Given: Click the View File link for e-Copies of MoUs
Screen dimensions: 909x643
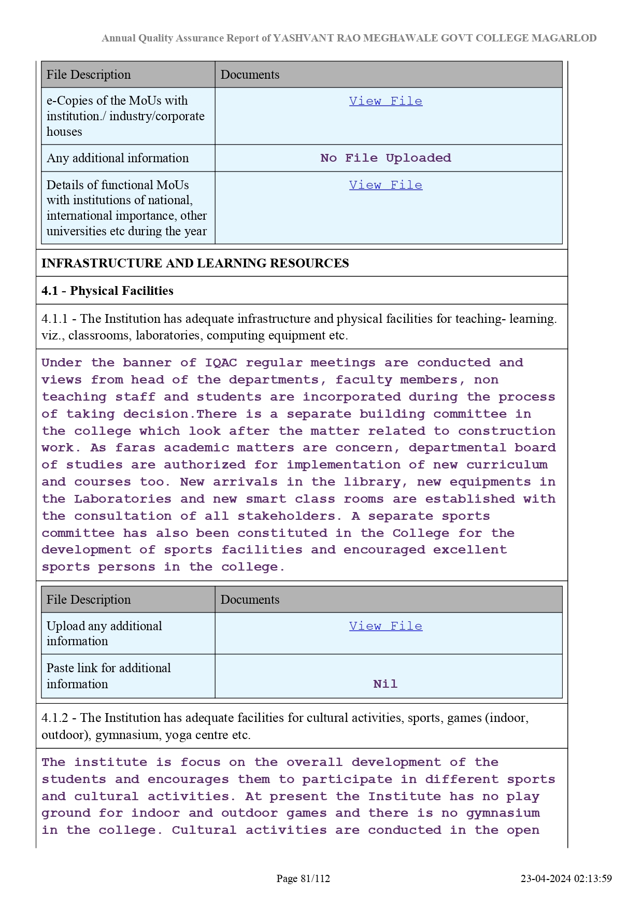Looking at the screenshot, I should [385, 101].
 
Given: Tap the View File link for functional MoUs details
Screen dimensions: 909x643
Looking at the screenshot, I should [385, 185].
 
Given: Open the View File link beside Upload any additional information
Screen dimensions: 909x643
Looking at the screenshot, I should [385, 626].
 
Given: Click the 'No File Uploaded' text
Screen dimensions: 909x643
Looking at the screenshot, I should [385, 158].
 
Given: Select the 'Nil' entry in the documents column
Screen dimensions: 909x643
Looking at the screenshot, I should [385, 684].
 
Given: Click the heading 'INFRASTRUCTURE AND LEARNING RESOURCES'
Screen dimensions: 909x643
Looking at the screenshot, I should [195, 263].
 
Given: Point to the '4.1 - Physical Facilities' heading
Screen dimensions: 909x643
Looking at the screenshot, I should [107, 291].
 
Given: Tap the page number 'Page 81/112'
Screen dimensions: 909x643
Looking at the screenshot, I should [303, 878].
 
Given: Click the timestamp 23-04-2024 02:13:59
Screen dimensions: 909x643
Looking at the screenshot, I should [566, 878].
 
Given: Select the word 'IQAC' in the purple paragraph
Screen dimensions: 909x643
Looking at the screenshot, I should [221, 363].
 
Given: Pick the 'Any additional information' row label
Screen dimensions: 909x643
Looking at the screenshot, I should [118, 158].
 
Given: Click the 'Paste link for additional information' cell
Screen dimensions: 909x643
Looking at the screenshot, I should [108, 676].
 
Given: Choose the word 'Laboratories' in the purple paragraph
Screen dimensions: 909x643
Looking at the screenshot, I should [123, 499].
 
